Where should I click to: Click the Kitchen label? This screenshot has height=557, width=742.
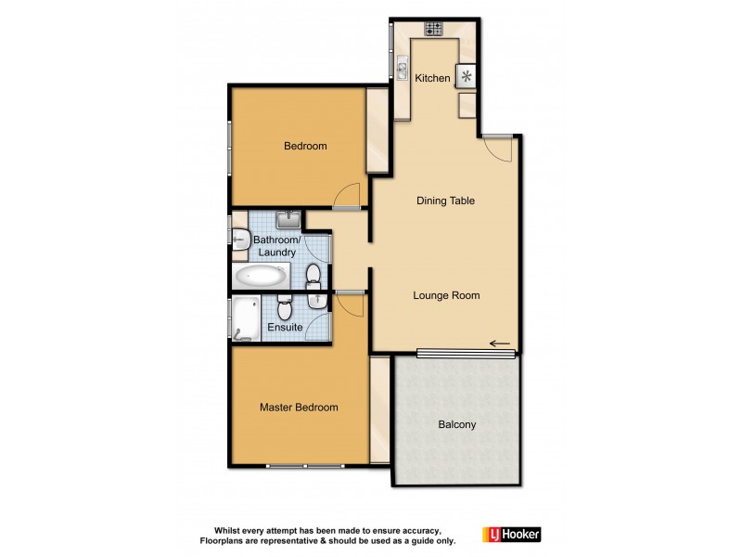click(432, 79)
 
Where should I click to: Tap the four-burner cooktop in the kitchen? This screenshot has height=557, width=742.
click(433, 28)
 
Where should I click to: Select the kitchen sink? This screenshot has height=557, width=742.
click(403, 68)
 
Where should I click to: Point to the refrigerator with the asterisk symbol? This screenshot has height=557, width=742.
click(467, 76)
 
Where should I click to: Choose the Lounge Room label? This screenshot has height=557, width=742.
click(446, 296)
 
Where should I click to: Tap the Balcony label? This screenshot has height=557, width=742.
click(456, 425)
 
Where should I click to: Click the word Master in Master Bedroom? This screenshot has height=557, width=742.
click(277, 408)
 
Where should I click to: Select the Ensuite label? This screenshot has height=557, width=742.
click(284, 328)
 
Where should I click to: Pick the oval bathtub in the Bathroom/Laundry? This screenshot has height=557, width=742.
click(262, 275)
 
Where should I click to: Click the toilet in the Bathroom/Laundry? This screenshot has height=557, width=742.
click(314, 274)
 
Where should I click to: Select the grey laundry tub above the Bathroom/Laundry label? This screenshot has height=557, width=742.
click(288, 219)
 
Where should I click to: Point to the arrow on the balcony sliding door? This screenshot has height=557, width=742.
click(500, 345)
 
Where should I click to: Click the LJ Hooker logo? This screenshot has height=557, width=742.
click(511, 535)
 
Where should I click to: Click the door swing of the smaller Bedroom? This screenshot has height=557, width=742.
click(348, 195)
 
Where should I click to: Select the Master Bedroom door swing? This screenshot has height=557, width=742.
click(350, 304)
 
